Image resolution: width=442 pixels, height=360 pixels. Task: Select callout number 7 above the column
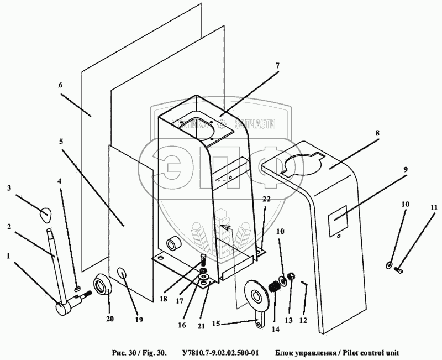click(277, 65)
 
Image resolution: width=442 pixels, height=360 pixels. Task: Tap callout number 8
click(377, 133)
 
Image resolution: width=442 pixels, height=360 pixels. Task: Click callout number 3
click(9, 189)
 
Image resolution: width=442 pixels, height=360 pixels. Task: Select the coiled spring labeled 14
click(275, 289)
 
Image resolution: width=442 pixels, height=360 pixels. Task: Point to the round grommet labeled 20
click(103, 285)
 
